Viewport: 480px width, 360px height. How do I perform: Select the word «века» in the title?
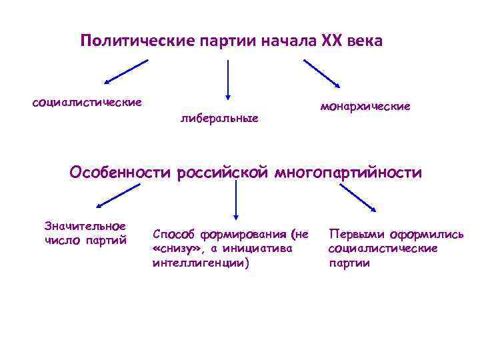tap(364, 41)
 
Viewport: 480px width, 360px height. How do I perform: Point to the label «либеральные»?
tap(219, 119)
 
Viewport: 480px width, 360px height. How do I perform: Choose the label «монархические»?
tap(365, 106)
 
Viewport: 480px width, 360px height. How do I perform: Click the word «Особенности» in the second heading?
tap(121, 173)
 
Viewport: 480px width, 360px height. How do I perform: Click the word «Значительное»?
tap(85, 226)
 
